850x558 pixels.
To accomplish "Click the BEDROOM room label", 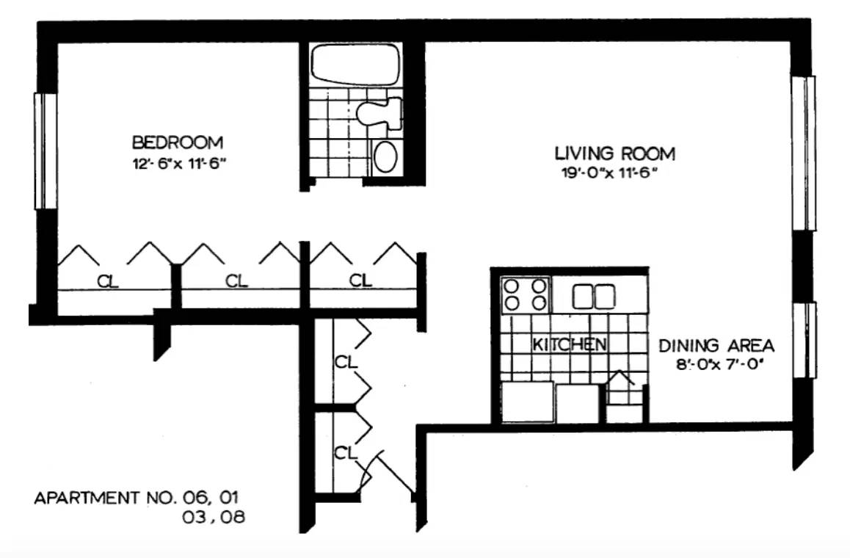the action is [x=177, y=142].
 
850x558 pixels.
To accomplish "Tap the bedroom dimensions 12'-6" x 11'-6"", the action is [x=179, y=163].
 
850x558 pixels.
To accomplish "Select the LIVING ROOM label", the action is [x=614, y=153].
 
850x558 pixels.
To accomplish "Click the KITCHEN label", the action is [x=569, y=344].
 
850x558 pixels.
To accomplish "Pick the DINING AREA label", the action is [x=716, y=345].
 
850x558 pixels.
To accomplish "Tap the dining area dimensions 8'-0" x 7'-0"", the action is [x=719, y=364].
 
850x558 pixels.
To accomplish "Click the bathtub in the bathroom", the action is [x=355, y=65].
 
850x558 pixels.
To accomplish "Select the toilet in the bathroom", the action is [x=379, y=112].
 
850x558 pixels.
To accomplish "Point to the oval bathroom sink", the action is [x=385, y=156].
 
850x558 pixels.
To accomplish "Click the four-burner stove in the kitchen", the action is [x=526, y=294].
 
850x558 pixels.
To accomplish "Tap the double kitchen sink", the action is [x=594, y=297].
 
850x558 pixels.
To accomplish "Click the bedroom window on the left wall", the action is [x=46, y=151].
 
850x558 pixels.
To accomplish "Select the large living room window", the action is [x=803, y=153].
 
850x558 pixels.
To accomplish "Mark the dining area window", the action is [x=805, y=340].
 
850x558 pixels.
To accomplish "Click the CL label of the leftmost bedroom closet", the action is [x=107, y=281].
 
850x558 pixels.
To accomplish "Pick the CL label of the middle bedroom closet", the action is [x=236, y=281].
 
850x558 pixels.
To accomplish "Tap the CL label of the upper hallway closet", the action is [x=346, y=362].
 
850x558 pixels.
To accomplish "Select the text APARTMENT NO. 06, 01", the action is [x=136, y=497].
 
